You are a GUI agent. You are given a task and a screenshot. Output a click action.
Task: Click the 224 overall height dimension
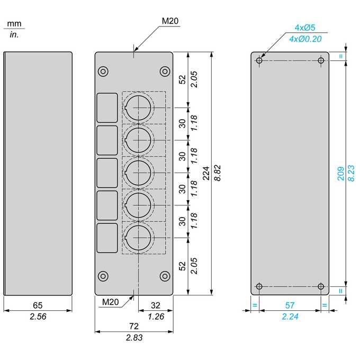(206, 173)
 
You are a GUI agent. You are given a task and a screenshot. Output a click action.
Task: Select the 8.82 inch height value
(218, 173)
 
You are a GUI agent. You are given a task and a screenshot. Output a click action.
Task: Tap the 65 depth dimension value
(38, 305)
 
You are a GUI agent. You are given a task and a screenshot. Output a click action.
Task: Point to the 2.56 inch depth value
(38, 317)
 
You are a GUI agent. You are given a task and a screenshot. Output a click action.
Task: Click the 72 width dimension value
(134, 326)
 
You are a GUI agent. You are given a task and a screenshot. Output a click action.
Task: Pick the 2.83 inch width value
(134, 338)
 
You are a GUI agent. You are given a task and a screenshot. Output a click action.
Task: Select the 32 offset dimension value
(156, 305)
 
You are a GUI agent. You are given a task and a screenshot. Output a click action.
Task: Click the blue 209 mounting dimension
(341, 174)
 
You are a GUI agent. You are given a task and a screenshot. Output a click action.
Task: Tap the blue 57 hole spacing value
(290, 305)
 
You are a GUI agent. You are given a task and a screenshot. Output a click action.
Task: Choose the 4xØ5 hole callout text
(305, 28)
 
